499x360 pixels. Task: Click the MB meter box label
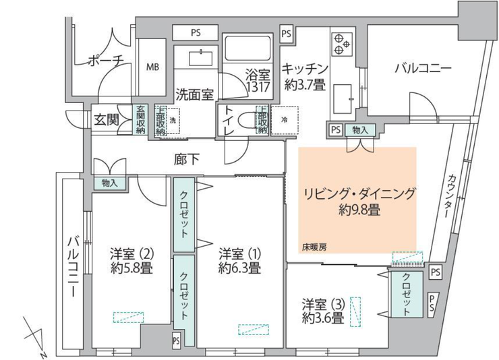152,67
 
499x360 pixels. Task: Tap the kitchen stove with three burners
342,44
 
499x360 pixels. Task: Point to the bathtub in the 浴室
248,49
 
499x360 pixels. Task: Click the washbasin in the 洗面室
200,58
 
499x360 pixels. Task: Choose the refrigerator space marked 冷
284,120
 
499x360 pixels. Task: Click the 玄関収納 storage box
140,119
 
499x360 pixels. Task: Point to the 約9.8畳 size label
359,210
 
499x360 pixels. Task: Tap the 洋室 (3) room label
323,305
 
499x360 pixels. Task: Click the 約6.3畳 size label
239,268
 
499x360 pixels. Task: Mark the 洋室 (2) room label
132,253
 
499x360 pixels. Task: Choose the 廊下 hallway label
187,160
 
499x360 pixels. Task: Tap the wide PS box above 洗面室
196,33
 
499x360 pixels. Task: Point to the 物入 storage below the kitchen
360,130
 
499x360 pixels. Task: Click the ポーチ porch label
105,61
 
